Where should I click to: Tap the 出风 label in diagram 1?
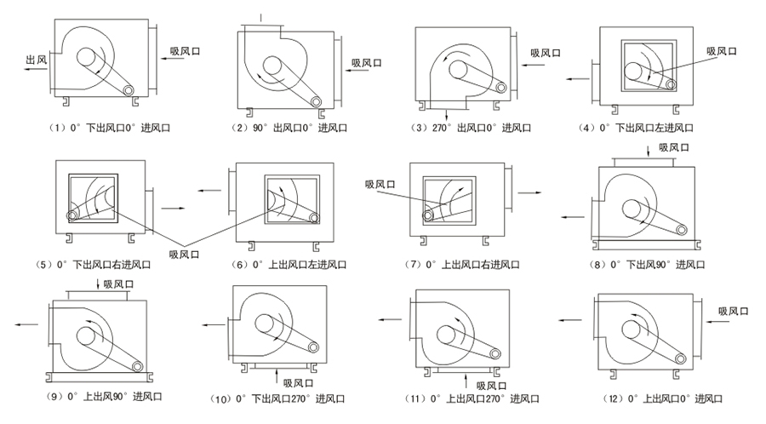pos(36,60)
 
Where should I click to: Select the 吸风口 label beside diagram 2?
pos(368,62)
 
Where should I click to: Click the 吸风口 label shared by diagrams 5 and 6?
pos(185,253)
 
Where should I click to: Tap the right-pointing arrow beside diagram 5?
pos(174,206)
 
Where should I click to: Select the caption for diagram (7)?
pos(466,265)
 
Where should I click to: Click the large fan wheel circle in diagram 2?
pos(274,66)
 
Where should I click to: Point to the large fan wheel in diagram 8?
pos(634,209)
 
